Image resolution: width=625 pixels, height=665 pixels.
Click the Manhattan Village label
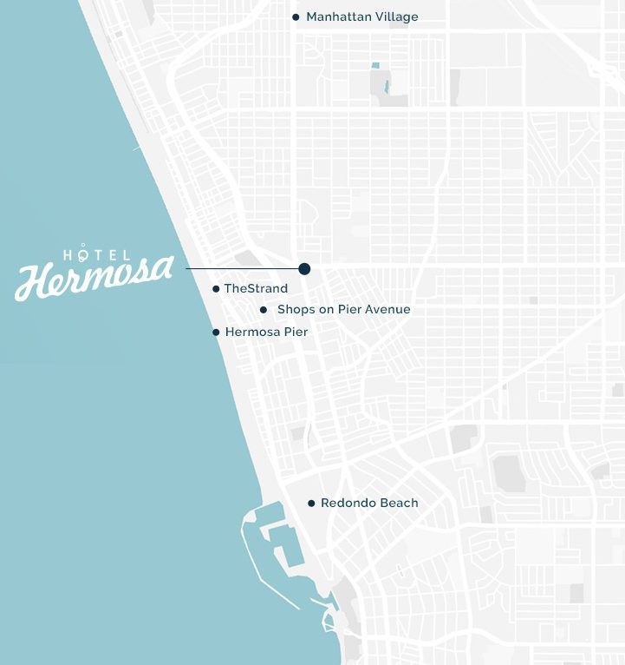(361, 16)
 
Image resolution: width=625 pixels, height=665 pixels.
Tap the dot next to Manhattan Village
(296, 16)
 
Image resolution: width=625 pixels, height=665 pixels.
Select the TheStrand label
(256, 288)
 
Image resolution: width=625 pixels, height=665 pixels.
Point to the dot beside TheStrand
(216, 288)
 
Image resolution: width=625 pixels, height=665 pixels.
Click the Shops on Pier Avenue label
(343, 309)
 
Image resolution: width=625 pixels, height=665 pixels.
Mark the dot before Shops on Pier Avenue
(264, 309)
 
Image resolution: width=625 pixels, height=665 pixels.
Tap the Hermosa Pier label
(266, 332)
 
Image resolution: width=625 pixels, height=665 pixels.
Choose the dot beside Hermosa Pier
(216, 332)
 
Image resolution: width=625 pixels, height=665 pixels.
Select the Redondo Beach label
(369, 503)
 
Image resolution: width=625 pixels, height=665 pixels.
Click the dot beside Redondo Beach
(311, 503)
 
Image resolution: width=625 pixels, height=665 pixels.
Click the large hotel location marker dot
(304, 269)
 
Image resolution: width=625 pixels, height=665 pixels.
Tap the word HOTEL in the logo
(97, 254)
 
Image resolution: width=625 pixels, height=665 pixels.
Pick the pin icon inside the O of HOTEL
(84, 253)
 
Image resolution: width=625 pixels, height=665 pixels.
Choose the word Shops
(294, 309)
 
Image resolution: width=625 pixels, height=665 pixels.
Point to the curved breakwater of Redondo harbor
(251, 556)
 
